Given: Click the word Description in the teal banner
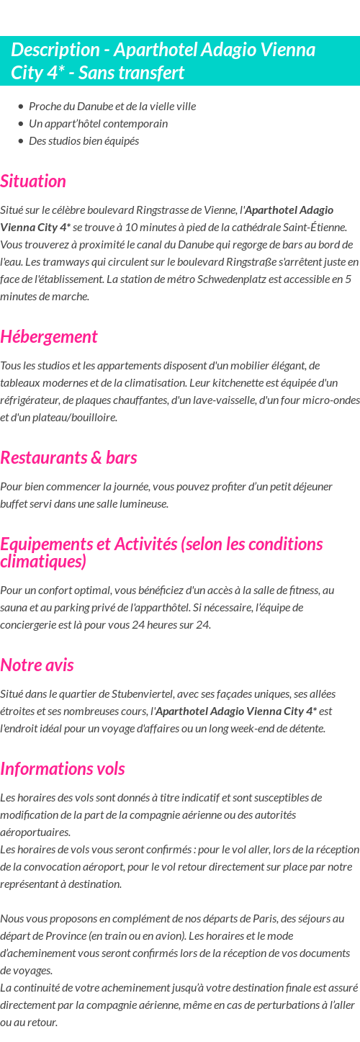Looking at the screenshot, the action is click(55, 50).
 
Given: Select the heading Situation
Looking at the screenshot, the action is click(33, 181).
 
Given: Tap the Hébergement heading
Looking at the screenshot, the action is click(49, 337).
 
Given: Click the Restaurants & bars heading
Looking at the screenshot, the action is click(68, 458).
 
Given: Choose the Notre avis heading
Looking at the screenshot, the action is click(37, 665).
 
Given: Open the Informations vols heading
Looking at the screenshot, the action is click(63, 769).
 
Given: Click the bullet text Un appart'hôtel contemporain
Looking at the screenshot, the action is click(98, 124).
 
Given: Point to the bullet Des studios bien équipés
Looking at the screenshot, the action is click(84, 141).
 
